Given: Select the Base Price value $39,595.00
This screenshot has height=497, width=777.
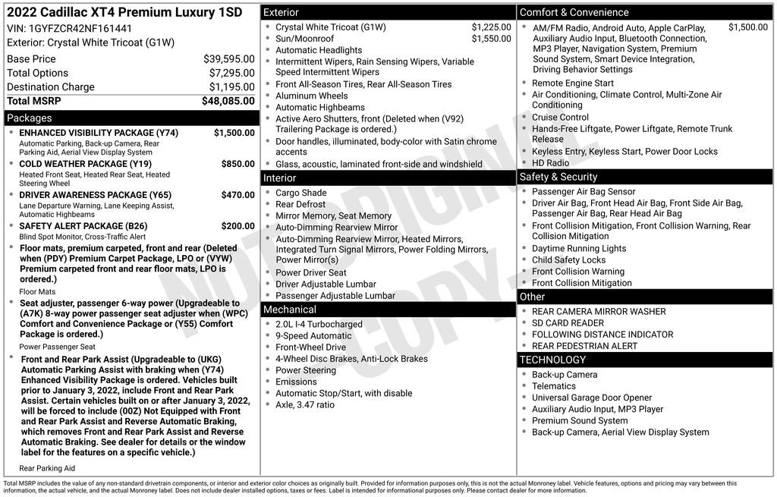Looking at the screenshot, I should (x=228, y=58).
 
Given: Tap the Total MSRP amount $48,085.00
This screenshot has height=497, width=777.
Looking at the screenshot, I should (x=228, y=100).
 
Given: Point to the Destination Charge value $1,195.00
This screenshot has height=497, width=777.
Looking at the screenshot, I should (x=231, y=87).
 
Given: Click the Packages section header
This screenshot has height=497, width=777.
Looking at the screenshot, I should (x=30, y=118).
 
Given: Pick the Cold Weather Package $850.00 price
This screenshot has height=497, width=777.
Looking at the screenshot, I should (x=238, y=164).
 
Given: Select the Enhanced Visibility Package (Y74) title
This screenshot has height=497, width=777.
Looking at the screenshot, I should (x=99, y=133).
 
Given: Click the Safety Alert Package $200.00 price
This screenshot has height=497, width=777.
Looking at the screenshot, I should (x=238, y=226).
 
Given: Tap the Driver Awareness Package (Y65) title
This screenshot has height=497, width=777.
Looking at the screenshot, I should (x=95, y=195).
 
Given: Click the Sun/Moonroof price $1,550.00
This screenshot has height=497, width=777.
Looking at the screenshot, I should (x=491, y=39).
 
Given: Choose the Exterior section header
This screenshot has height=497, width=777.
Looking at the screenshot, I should (x=281, y=13).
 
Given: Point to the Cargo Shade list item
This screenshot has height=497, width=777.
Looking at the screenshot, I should (x=300, y=193).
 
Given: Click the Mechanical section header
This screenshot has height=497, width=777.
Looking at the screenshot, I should (x=289, y=310).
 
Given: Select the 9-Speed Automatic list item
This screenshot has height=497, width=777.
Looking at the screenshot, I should (x=313, y=335).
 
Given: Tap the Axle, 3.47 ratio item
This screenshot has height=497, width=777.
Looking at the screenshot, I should (x=304, y=404).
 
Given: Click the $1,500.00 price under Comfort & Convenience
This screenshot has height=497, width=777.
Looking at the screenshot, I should (x=747, y=27).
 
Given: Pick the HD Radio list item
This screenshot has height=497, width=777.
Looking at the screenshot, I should (x=550, y=163).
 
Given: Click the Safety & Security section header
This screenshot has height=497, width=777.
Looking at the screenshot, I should (x=558, y=177).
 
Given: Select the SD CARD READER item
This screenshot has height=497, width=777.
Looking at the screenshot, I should (x=568, y=322).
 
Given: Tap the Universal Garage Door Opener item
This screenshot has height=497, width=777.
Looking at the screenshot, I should (x=591, y=398).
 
